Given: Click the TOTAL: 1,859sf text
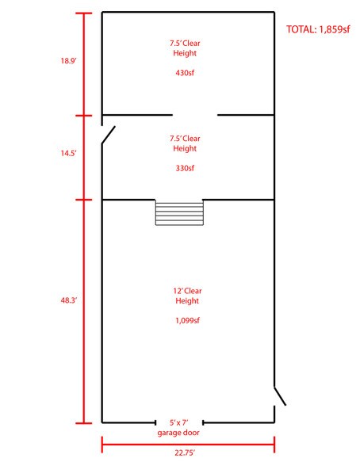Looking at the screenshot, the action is (318, 29).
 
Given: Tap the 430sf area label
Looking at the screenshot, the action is (185, 73).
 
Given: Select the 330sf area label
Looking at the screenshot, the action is (185, 168).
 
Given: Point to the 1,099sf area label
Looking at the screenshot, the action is (187, 320).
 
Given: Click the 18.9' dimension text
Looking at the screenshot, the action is (69, 61).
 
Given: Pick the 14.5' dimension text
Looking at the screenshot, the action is (69, 154).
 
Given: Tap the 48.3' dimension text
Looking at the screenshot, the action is (69, 300).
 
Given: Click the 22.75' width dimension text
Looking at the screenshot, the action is (185, 453).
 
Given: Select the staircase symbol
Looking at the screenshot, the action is (179, 212).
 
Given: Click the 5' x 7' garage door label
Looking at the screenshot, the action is (178, 427).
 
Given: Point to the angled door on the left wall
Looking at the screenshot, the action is (108, 135).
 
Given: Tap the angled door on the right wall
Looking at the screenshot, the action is (280, 396).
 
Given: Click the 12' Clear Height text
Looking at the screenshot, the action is (187, 296).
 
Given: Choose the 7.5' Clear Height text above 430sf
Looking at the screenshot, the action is (185, 48).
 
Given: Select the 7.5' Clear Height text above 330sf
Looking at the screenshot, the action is (185, 143).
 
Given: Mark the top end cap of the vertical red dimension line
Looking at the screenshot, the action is (84, 13).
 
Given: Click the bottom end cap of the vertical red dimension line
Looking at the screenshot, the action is (84, 423).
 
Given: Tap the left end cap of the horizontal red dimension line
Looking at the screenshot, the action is (102, 445).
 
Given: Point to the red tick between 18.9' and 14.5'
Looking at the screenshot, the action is (84, 116).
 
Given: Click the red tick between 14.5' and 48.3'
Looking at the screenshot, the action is (84, 200).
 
